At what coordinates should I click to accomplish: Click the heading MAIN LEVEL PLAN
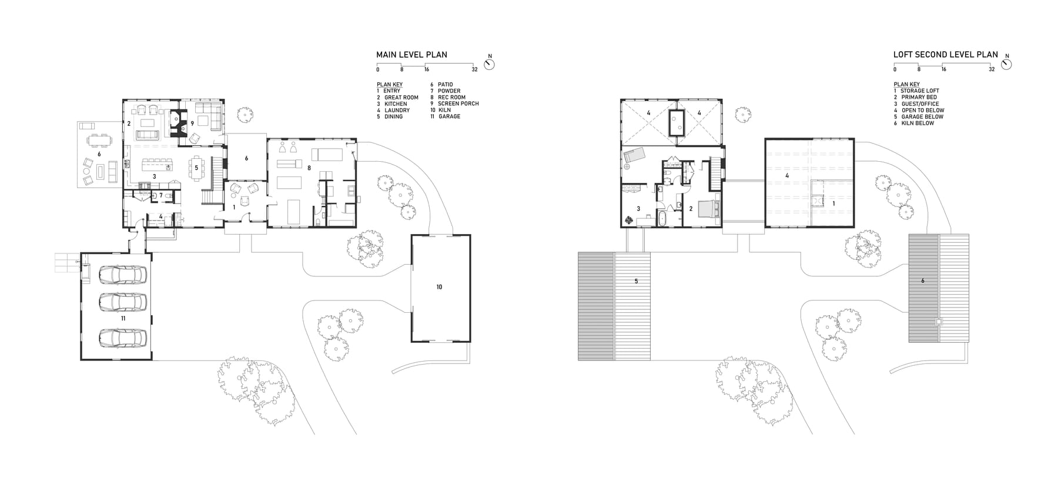411,55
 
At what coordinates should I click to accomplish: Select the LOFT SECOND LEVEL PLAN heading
946,55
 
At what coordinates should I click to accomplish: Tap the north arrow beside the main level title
489,62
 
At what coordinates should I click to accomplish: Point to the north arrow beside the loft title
1006,62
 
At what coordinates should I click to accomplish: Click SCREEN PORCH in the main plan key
458,103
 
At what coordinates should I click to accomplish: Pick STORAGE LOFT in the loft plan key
920,91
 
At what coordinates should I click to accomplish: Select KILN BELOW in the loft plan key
918,123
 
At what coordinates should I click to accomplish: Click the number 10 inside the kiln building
439,287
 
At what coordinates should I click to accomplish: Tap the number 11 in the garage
123,318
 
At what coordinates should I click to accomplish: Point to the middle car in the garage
122,302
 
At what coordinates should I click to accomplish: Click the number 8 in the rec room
309,168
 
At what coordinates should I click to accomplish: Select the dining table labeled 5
197,167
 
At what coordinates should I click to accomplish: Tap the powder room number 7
161,195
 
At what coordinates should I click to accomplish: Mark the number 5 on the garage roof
636,282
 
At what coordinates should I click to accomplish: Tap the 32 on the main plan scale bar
474,69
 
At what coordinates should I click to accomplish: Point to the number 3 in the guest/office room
638,209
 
